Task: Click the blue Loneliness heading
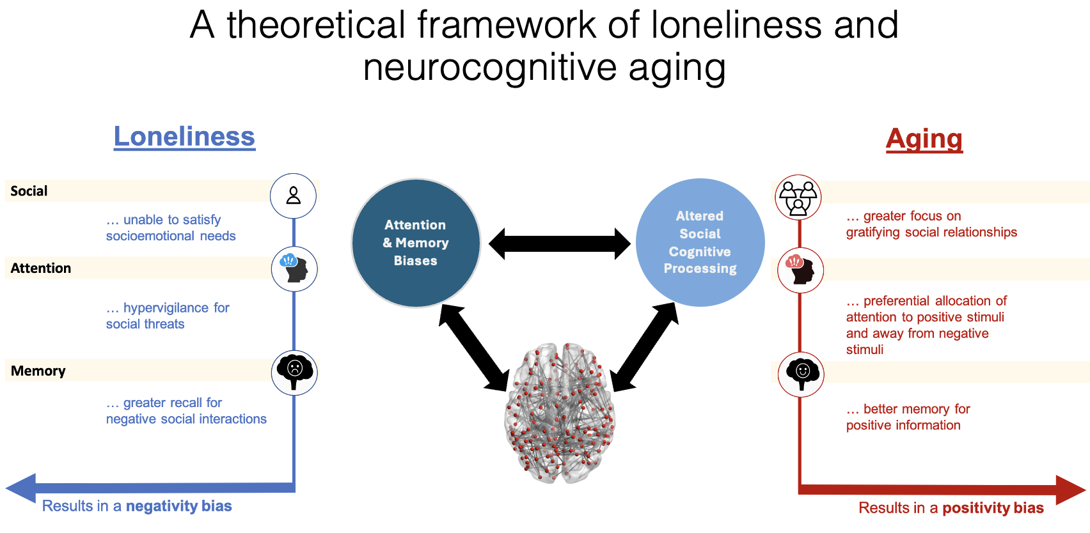pyautogui.click(x=184, y=137)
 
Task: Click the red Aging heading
pyautogui.click(x=924, y=139)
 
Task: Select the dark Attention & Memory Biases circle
pyautogui.click(x=416, y=243)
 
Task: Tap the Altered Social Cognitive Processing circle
pyautogui.click(x=700, y=242)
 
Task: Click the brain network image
pyautogui.click(x=560, y=412)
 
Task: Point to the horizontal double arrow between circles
pyautogui.click(x=560, y=243)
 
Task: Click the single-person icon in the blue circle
pyautogui.click(x=294, y=196)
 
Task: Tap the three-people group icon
pyautogui.click(x=798, y=197)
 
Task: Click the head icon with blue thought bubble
pyautogui.click(x=294, y=269)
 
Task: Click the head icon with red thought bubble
pyautogui.click(x=801, y=270)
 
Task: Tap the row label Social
pyautogui.click(x=29, y=191)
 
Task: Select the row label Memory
pyautogui.click(x=38, y=371)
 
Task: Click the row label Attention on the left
pyautogui.click(x=41, y=268)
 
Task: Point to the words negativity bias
pyautogui.click(x=179, y=506)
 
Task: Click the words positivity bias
pyautogui.click(x=993, y=508)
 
